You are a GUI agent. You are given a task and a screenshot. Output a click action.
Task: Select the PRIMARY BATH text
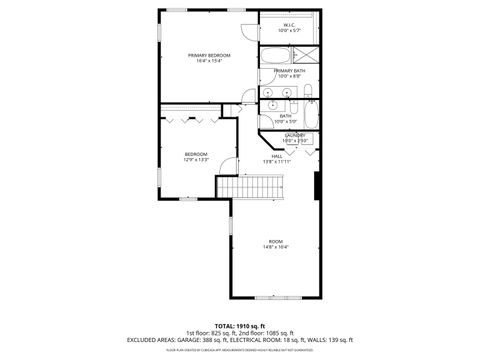pyautogui.click(x=289, y=71)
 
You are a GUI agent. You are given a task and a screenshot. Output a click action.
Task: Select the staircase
pyautogui.click(x=254, y=186)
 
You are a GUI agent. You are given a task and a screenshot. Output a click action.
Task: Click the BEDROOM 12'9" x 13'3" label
pyautogui.click(x=196, y=154)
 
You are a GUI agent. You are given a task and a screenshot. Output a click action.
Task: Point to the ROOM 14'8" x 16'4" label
pyautogui.click(x=275, y=243)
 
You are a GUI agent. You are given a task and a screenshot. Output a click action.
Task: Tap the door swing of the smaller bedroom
pyautogui.click(x=227, y=167)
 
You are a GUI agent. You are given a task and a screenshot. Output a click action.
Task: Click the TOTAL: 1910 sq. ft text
pyautogui.click(x=240, y=324)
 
